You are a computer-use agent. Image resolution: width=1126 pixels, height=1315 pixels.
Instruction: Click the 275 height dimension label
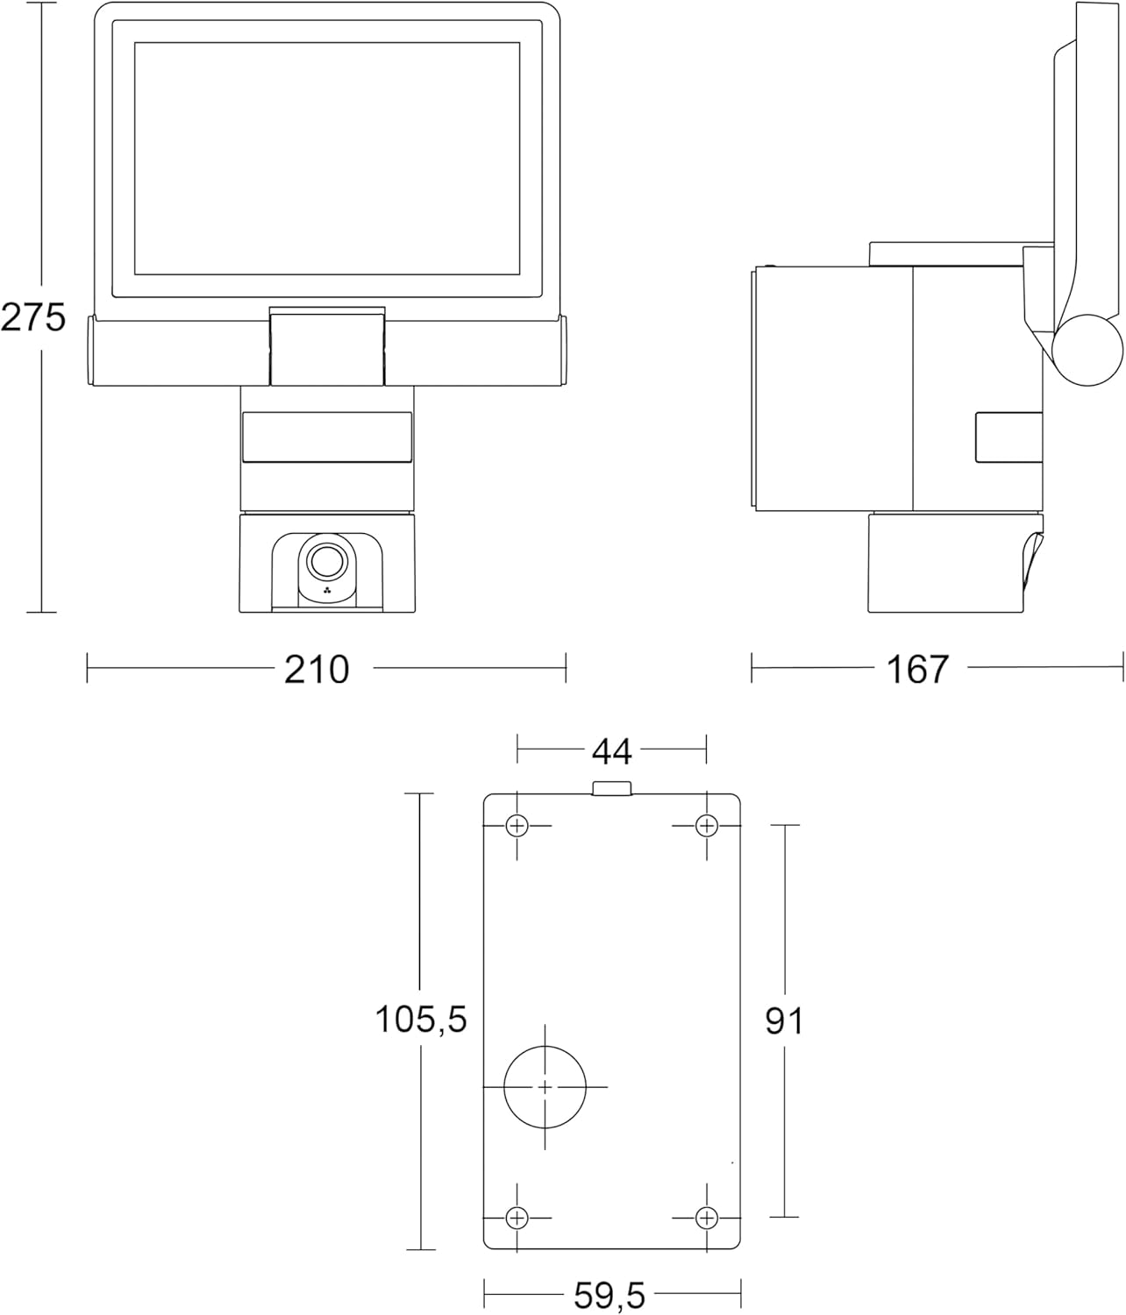click(33, 317)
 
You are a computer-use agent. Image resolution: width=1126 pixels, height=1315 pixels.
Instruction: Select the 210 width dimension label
click(317, 669)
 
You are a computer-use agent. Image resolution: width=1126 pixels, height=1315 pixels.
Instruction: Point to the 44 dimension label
click(612, 751)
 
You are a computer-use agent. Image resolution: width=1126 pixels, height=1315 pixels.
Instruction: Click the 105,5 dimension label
click(421, 1019)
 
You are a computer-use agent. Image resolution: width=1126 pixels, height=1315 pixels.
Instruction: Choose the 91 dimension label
click(784, 1021)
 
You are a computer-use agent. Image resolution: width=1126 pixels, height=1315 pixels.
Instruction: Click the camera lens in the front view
click(326, 560)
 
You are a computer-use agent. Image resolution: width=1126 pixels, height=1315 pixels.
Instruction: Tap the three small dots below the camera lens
click(327, 590)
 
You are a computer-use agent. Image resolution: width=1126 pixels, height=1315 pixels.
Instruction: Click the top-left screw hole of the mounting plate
click(517, 826)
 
